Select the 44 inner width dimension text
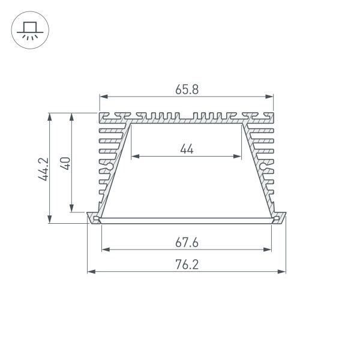187,149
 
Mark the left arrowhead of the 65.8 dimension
103,96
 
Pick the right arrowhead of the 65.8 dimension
270,96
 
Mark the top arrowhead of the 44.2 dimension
50,115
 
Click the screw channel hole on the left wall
110,166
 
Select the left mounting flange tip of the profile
90,217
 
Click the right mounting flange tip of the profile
283,217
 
